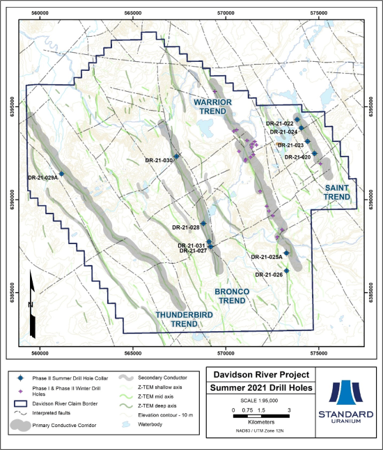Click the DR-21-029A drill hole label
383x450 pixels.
(42, 177)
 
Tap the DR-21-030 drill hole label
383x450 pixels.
(158, 161)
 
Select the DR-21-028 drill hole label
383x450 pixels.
(185, 227)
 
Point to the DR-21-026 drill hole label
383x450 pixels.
(268, 275)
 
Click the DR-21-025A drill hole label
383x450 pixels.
(266, 257)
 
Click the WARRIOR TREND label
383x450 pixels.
(212, 106)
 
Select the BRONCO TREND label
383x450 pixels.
(230, 295)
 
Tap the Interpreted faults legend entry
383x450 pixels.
(58, 413)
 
